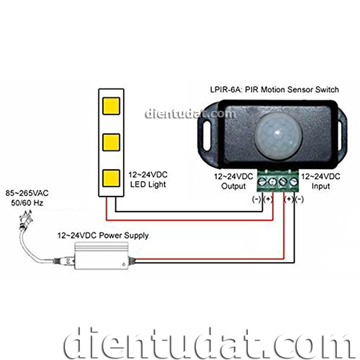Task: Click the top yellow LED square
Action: (111, 106)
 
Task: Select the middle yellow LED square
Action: (111, 143)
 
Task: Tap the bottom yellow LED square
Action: (111, 178)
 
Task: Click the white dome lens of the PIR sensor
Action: (279, 136)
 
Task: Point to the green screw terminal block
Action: (278, 181)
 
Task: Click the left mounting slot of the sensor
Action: (207, 136)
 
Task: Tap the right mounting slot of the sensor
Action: (342, 136)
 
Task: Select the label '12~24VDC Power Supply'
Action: (103, 235)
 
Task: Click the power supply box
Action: (102, 256)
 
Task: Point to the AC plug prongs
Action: (27, 216)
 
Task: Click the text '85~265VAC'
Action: (27, 193)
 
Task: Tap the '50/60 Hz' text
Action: (27, 203)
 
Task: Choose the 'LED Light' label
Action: (148, 184)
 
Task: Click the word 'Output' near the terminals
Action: (234, 186)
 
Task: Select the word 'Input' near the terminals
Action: (321, 186)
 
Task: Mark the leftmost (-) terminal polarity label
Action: (256, 199)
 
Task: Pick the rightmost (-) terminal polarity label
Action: (299, 199)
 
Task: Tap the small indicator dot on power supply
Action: (124, 265)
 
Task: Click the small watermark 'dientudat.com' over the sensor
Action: (190, 114)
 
